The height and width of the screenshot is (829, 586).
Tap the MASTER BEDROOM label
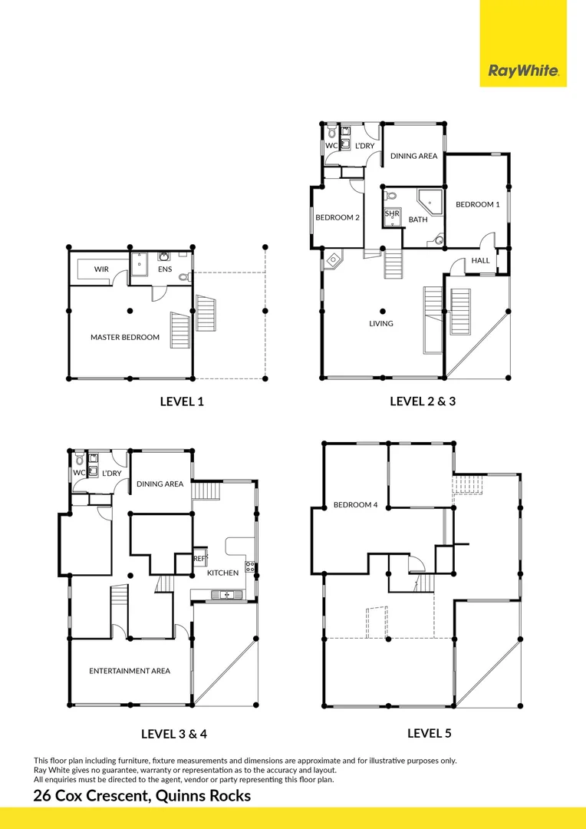(125, 337)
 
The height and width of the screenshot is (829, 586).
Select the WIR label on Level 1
(101, 269)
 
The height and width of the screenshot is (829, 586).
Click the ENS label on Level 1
(164, 269)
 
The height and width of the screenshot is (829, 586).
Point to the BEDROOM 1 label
(477, 204)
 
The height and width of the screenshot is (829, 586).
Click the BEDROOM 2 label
(337, 217)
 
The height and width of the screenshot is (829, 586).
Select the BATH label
(418, 220)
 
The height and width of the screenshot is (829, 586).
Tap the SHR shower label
(392, 213)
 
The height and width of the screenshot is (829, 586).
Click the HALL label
(480, 260)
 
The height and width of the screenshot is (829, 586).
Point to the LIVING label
(380, 323)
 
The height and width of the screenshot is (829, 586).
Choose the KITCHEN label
(222, 573)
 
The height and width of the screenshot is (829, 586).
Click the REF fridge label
(199, 559)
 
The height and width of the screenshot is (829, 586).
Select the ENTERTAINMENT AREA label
(130, 670)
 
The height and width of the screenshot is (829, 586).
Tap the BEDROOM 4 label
(355, 504)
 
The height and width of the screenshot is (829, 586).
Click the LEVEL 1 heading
(182, 401)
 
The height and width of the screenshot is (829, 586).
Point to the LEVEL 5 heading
(429, 733)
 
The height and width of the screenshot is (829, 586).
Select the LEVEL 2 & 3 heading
(423, 401)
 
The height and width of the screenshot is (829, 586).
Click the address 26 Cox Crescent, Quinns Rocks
(142, 795)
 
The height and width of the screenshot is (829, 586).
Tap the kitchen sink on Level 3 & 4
(226, 594)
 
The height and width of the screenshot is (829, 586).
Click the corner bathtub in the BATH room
(431, 202)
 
